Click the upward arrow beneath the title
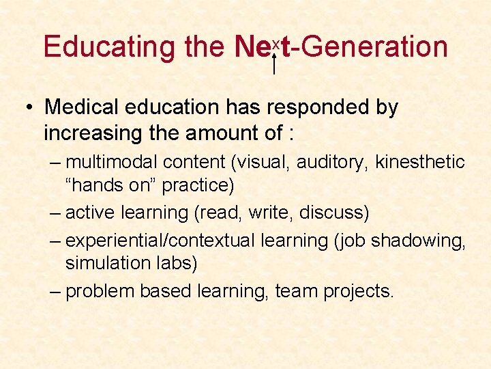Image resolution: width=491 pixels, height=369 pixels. [x=273, y=62]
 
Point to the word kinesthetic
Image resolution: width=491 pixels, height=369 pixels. [x=420, y=163]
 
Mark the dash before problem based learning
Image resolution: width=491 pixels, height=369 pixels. [x=57, y=290]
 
